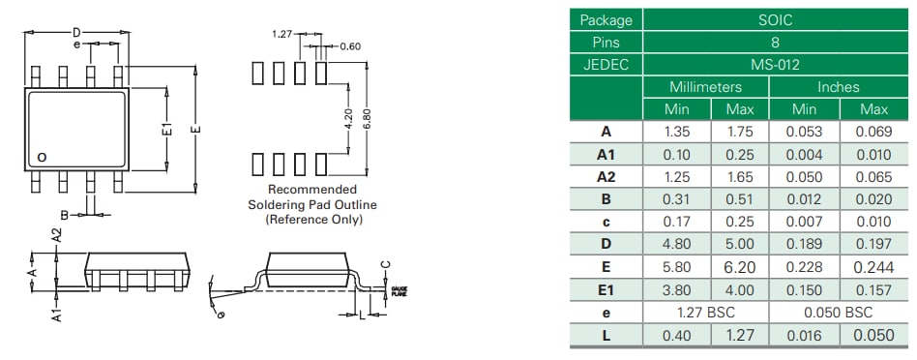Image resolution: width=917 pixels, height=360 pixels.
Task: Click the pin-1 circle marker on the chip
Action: pyautogui.click(x=41, y=156)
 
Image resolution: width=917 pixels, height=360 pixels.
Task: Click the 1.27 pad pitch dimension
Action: pyautogui.click(x=281, y=34)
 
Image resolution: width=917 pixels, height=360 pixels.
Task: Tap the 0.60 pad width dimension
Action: pyautogui.click(x=349, y=45)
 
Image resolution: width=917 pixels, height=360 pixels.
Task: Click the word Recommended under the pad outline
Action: pyautogui.click(x=311, y=190)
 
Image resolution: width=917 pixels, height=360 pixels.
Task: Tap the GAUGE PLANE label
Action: pyautogui.click(x=399, y=290)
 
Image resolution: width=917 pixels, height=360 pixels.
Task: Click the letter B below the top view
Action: pyautogui.click(x=64, y=214)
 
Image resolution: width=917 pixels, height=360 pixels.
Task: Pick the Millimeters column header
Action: pyautogui.click(x=705, y=87)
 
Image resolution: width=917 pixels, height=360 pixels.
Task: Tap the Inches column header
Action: pyautogui.click(x=838, y=87)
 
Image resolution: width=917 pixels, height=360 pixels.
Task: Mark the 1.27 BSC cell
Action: pyautogui.click(x=705, y=312)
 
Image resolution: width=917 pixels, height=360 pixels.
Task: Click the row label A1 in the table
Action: pyautogui.click(x=606, y=154)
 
